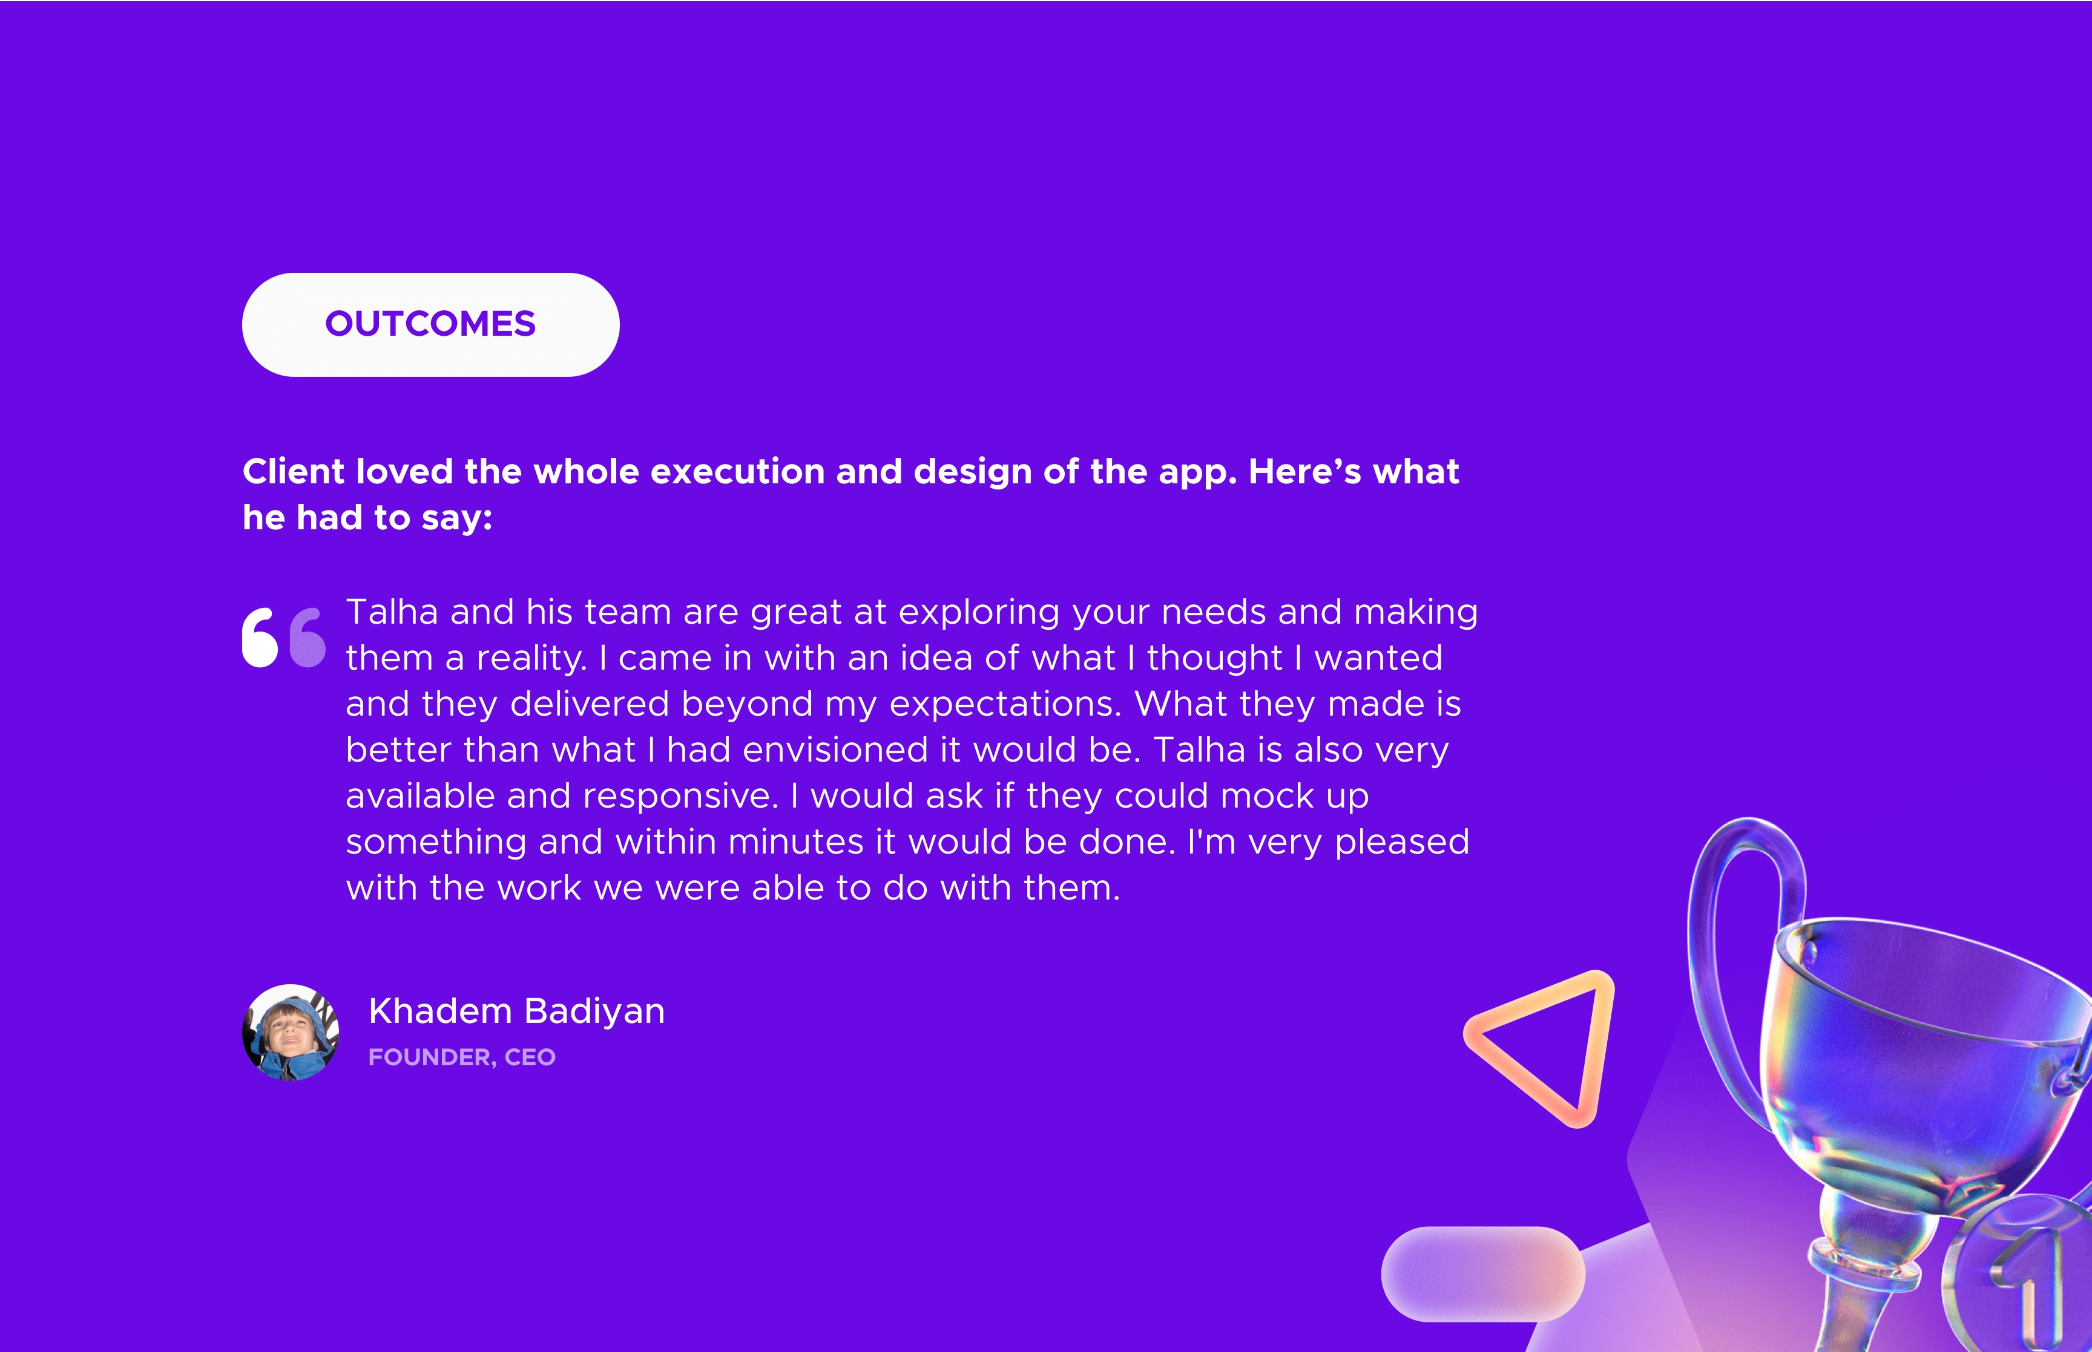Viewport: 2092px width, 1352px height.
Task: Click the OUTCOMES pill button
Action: click(x=430, y=325)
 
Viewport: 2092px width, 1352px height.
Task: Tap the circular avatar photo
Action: click(x=291, y=1033)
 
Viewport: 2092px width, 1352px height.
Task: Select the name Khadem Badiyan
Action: click(x=516, y=1011)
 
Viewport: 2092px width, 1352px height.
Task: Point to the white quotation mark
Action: click(x=260, y=638)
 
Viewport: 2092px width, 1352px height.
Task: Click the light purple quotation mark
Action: click(x=308, y=638)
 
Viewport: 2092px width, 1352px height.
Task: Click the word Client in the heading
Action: click(x=294, y=472)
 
